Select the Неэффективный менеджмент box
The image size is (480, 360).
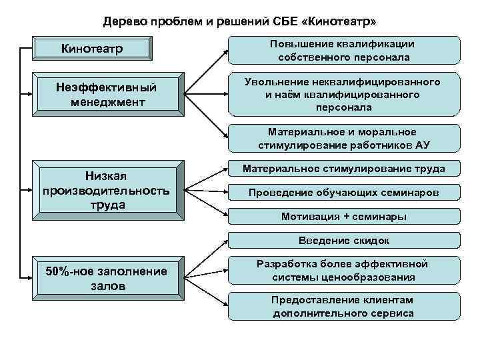point(106,95)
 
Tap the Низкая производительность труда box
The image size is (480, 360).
point(106,191)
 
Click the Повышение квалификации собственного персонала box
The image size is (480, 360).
point(344,51)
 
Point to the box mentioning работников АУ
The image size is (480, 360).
point(344,138)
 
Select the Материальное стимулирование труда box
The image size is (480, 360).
point(344,169)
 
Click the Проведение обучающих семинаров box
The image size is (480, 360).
point(344,193)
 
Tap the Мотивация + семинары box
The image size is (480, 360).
point(344,217)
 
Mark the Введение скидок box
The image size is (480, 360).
point(344,241)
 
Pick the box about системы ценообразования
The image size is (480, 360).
point(344,271)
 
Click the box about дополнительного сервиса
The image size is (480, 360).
point(344,307)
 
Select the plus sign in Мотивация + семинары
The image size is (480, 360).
point(347,217)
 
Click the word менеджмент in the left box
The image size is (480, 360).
point(106,102)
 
